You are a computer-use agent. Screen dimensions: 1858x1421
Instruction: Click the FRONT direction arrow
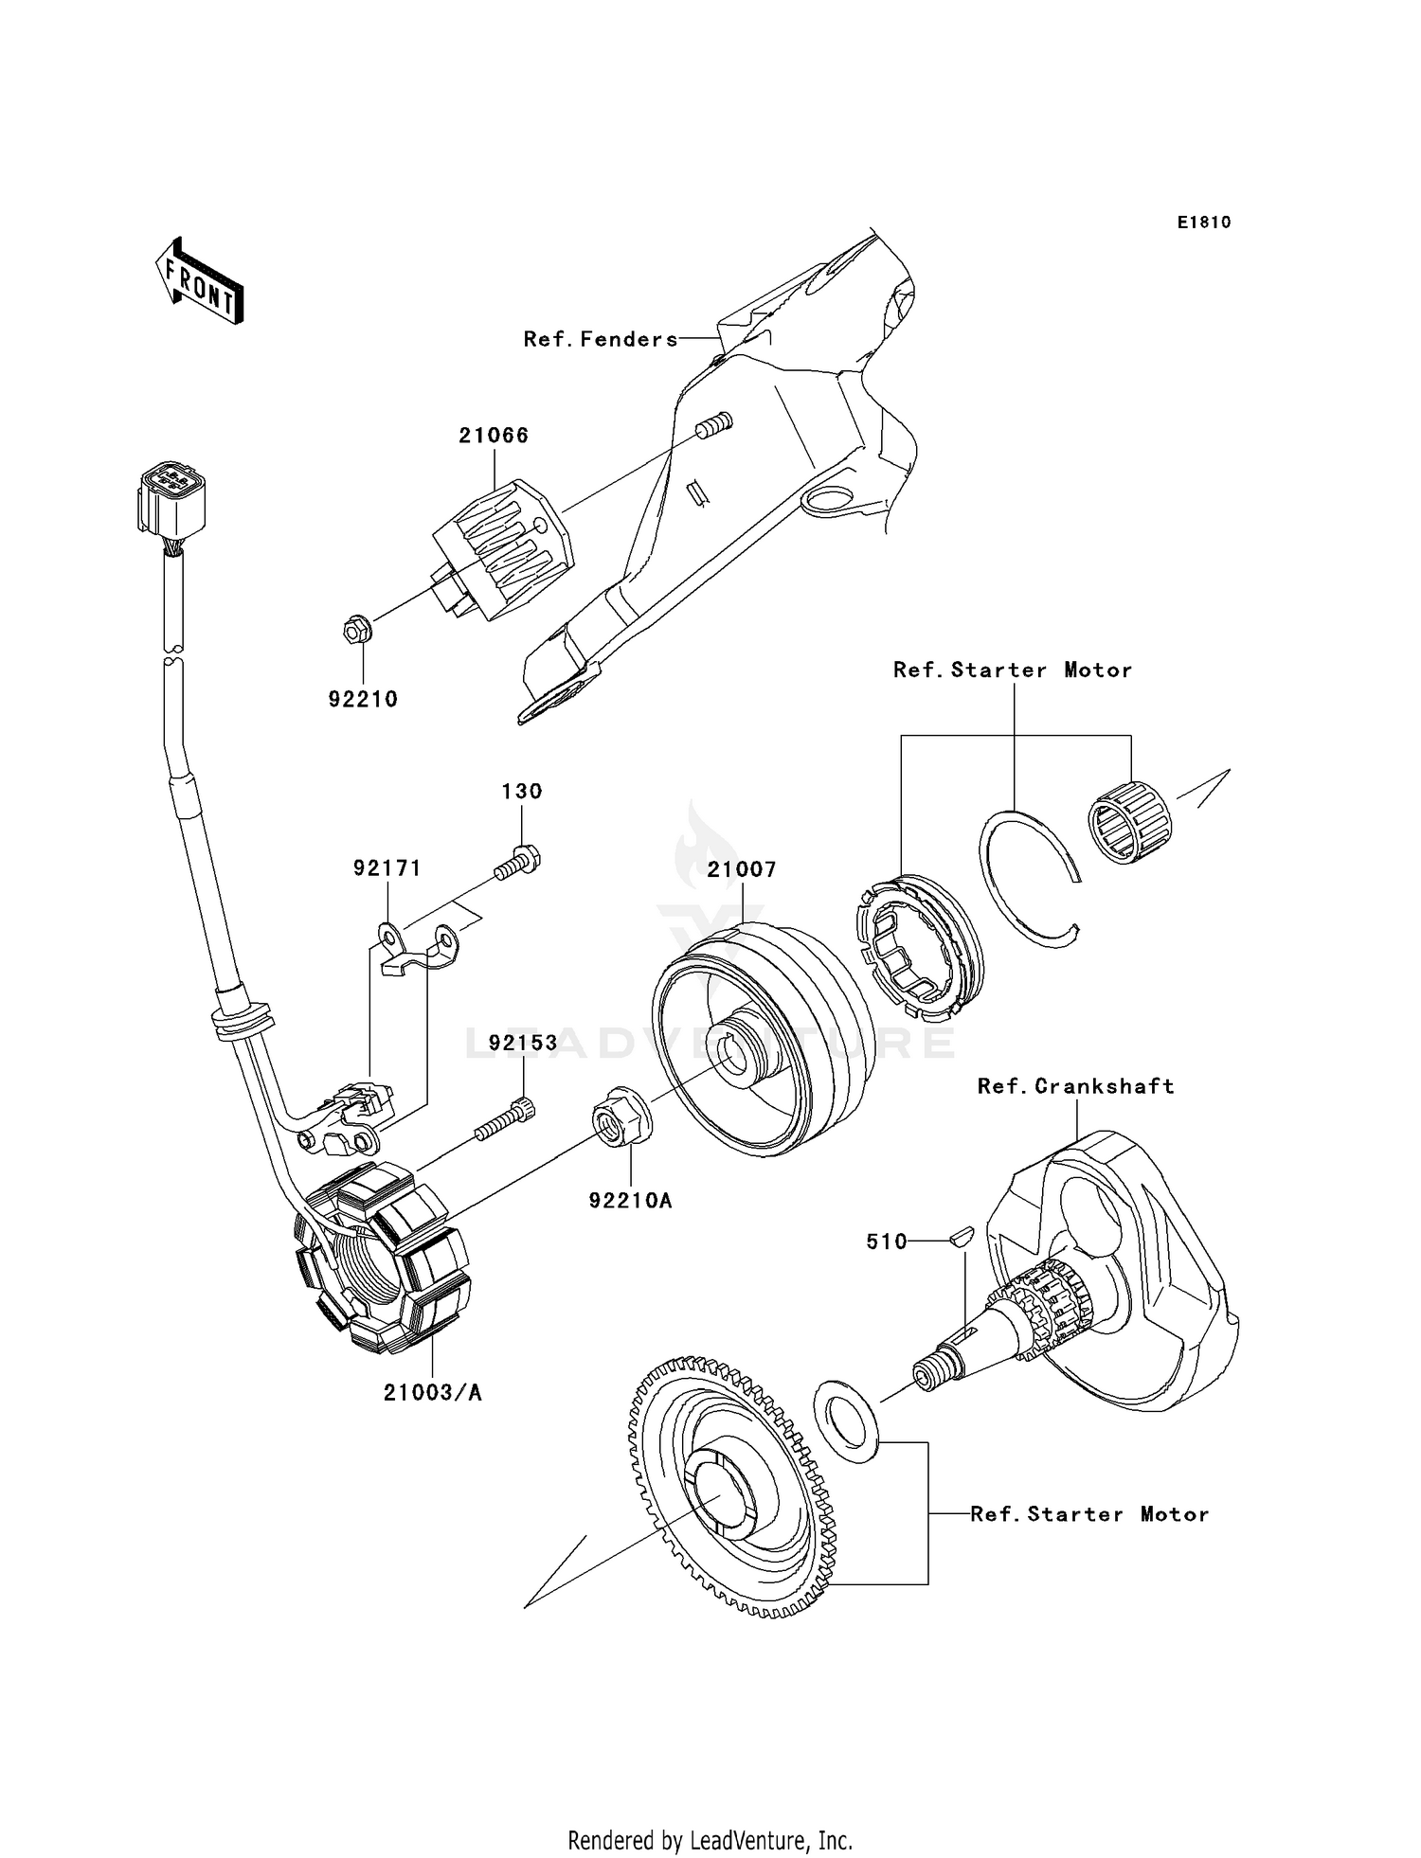pos(200,283)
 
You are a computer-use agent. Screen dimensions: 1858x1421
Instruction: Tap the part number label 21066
pos(494,436)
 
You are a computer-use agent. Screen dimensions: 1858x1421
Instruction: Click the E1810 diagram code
pos(1204,223)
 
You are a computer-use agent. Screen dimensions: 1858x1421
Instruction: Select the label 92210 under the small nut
pos(363,699)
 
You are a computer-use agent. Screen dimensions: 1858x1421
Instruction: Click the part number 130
pos(521,791)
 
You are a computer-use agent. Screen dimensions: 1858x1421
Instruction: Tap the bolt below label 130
pos(517,862)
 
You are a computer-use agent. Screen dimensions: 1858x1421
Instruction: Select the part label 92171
pos(387,868)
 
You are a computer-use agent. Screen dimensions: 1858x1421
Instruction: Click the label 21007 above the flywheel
pos(742,869)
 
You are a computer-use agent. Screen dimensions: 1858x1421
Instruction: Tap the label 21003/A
pos(433,1392)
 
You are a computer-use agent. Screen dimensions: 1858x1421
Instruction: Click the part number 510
pos(887,1242)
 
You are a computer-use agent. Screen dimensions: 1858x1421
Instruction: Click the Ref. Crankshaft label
pos(1075,1086)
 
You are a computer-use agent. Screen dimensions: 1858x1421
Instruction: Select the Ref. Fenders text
pos(601,339)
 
